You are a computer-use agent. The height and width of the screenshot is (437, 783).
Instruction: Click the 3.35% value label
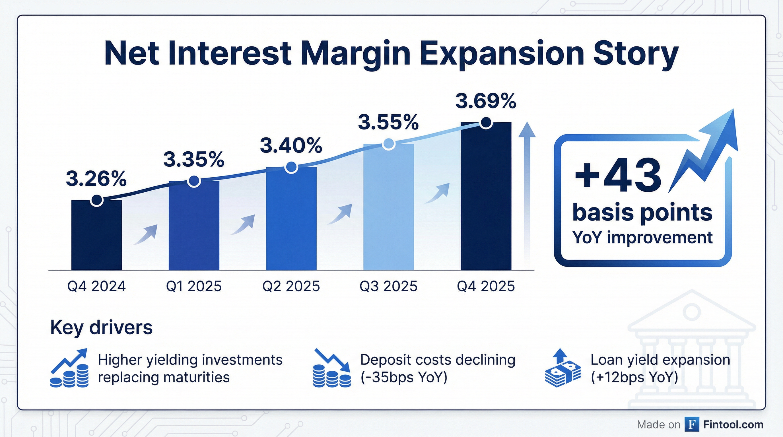(x=194, y=159)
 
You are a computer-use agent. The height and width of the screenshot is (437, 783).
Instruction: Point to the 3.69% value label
(x=485, y=101)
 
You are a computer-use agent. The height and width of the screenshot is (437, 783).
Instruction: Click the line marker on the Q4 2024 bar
(x=97, y=200)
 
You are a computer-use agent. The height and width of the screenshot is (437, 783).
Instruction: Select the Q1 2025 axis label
(x=194, y=286)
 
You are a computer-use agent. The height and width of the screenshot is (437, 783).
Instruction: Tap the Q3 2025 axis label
(x=388, y=286)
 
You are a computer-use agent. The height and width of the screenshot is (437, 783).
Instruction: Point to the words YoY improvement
(x=642, y=237)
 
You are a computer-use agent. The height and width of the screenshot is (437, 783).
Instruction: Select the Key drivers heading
(x=101, y=327)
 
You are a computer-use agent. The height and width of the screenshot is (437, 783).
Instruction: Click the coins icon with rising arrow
(x=69, y=368)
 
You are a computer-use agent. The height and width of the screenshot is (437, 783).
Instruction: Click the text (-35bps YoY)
(x=404, y=378)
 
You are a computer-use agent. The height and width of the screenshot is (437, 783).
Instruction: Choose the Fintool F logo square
(x=692, y=424)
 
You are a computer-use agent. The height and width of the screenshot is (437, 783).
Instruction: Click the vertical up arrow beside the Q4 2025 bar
(x=527, y=195)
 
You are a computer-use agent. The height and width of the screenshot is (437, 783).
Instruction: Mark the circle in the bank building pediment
(x=691, y=312)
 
